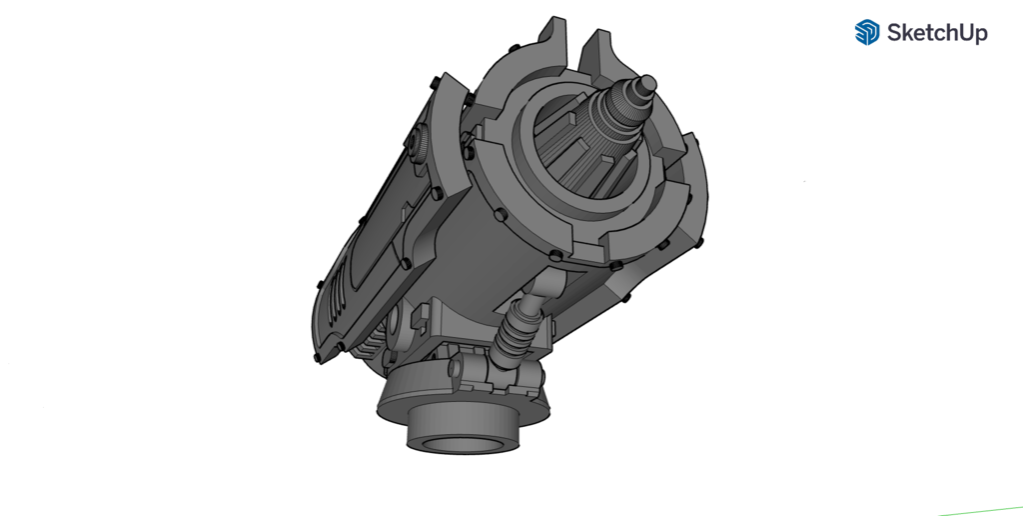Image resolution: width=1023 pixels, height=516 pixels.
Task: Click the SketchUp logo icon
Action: [866, 33]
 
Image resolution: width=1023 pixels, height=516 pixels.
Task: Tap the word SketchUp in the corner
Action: [937, 33]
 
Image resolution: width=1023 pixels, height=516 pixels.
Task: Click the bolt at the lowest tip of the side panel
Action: [319, 355]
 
